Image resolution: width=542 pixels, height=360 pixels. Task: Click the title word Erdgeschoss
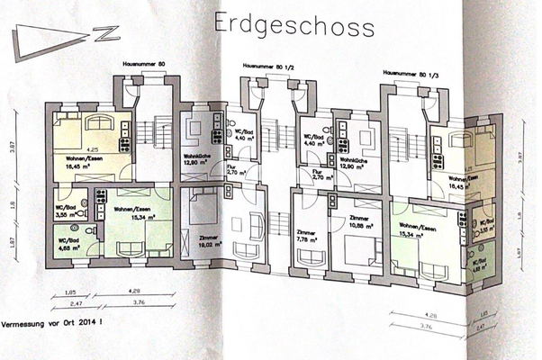pyautogui.click(x=294, y=25)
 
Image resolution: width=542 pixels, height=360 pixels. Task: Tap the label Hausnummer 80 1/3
pyautogui.click(x=407, y=72)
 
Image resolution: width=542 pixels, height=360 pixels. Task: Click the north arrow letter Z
pyautogui.click(x=108, y=33)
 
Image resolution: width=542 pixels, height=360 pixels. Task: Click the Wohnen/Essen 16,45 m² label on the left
pyautogui.click(x=82, y=161)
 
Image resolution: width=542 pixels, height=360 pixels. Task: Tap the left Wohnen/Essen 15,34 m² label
pyautogui.click(x=131, y=212)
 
